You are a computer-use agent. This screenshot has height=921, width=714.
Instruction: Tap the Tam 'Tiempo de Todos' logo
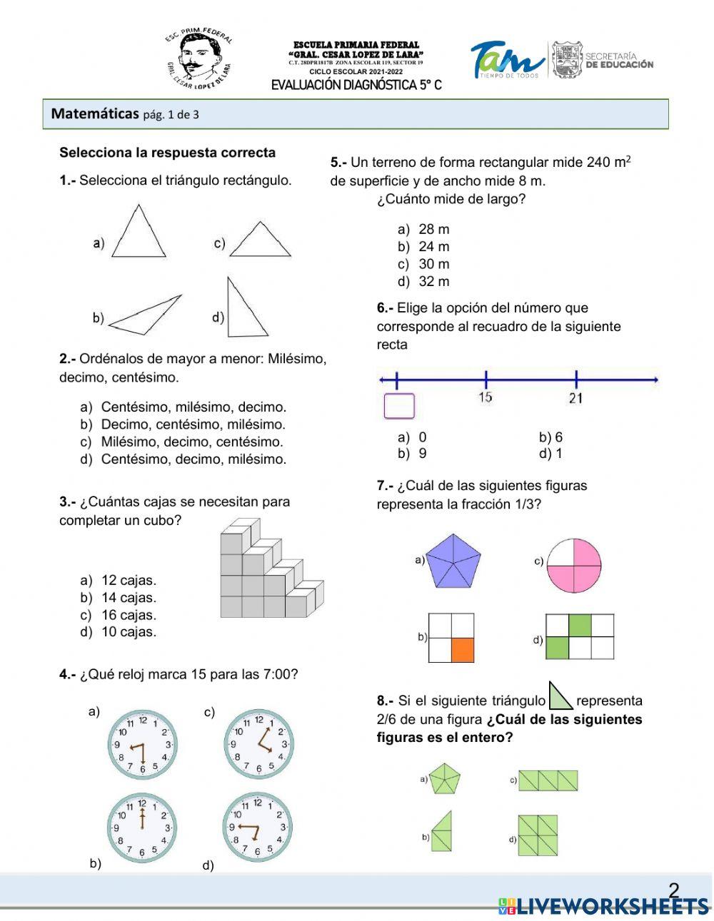[507, 61]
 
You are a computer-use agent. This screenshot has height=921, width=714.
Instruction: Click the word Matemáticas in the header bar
[95, 113]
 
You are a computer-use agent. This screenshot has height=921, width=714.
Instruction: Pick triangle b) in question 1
[146, 315]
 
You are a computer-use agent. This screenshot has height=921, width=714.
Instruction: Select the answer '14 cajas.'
[129, 598]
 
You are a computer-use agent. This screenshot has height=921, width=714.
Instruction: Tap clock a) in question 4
[143, 745]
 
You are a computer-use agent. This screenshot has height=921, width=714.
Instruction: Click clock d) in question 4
[258, 827]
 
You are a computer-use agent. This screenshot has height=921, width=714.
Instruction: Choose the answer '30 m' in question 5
[434, 264]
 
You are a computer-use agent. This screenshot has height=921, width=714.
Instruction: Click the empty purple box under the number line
[399, 406]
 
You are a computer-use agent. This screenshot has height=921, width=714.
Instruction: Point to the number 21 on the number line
[575, 398]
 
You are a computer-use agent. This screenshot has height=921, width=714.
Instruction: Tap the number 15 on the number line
[486, 397]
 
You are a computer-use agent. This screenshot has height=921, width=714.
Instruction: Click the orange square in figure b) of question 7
[463, 650]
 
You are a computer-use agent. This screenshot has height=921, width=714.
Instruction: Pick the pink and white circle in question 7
[574, 565]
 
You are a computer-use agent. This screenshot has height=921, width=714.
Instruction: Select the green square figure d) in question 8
[538, 835]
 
